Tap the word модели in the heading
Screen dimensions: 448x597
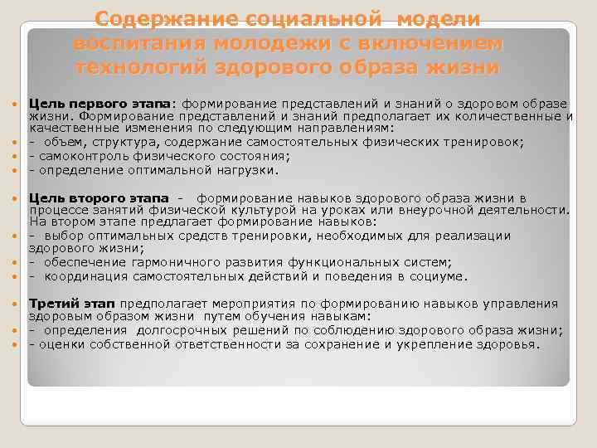[430, 18]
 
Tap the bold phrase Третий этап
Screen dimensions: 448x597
[70, 304]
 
